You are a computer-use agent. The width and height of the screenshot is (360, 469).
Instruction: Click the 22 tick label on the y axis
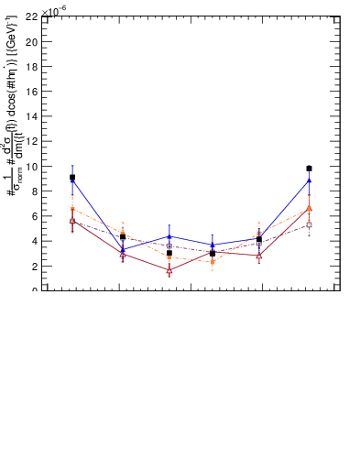click(31, 16)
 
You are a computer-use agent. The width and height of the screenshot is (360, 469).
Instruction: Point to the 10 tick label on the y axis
click(31, 167)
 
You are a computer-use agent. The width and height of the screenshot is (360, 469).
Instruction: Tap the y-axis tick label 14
click(31, 116)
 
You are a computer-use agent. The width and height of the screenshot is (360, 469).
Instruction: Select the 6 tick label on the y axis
click(34, 216)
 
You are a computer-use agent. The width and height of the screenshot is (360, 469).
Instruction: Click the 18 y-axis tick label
click(31, 66)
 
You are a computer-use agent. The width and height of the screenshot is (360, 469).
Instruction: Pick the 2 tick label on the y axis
click(34, 267)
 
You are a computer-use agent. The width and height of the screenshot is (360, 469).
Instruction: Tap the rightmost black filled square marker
click(310, 169)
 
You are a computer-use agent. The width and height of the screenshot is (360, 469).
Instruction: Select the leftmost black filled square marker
click(72, 177)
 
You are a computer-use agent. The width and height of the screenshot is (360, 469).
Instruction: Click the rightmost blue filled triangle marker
click(310, 180)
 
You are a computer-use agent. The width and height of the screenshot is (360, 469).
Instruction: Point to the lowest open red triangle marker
click(169, 271)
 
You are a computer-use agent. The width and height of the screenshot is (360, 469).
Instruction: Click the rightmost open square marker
click(310, 224)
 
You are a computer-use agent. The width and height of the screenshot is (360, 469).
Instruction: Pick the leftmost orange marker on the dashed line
click(72, 209)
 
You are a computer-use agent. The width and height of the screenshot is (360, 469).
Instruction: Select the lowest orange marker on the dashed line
click(212, 262)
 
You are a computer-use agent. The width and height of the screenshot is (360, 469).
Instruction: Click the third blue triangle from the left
click(169, 236)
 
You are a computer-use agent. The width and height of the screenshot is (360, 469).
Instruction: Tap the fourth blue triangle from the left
click(213, 245)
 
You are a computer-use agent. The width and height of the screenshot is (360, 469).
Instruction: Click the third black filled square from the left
click(169, 253)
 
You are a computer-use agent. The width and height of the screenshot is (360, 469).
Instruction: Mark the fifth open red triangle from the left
click(260, 256)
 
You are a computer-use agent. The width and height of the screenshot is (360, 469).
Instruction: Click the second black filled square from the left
click(123, 236)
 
